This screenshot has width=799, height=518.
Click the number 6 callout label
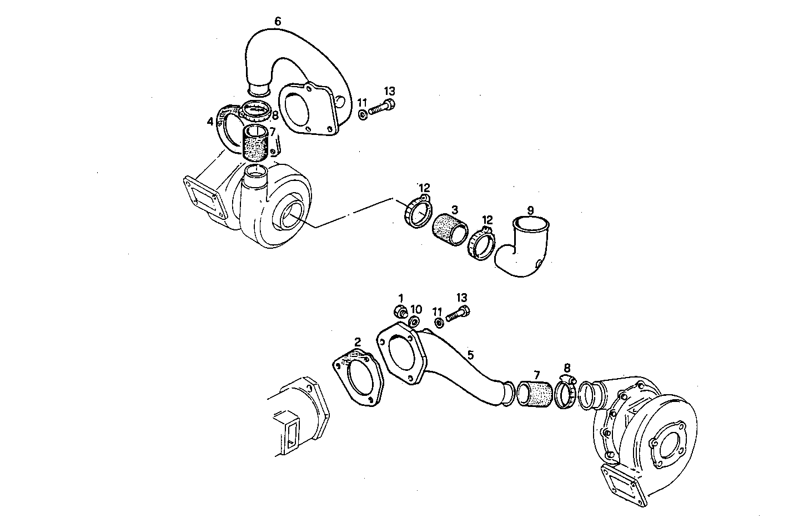pos(278,21)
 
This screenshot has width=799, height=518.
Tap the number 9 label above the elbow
pos(530,210)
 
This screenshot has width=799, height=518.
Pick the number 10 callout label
pos(416,309)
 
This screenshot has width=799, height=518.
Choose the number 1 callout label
pos(401,298)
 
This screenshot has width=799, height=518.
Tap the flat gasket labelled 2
pos(359,378)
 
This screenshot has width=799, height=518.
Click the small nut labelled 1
pos(399,311)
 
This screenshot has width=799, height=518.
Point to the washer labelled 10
pos(414,322)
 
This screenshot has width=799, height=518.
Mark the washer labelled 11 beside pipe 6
pos(361,115)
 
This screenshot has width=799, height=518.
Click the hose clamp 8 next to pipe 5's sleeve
pos(566,392)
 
